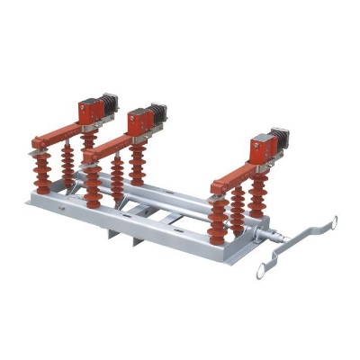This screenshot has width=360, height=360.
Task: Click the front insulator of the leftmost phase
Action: click(42, 171)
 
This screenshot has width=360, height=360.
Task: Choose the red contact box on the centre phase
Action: click(139, 120)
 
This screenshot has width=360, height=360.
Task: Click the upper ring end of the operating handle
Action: click(328, 221)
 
